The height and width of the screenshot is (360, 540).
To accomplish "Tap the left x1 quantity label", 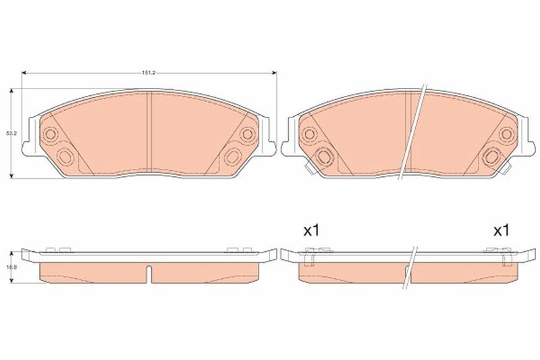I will coord(310,231).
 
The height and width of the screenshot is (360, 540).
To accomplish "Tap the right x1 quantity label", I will coord(500,231).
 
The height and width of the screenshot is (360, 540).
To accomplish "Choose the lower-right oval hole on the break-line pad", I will coord(491,157).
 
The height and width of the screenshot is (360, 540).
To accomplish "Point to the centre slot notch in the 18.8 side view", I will coord(149,274).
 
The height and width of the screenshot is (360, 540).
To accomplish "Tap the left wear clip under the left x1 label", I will coord(311,257).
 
